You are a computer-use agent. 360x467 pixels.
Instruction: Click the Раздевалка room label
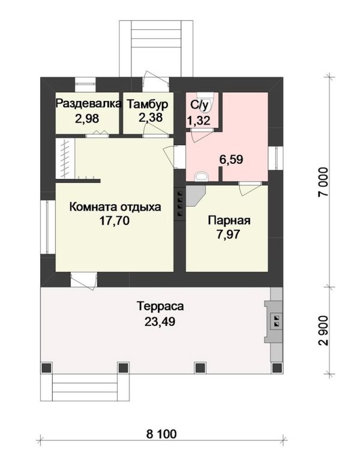(x=89, y=104)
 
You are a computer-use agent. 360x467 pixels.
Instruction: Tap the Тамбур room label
(x=148, y=104)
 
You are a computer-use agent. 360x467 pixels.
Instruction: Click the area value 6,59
(x=231, y=160)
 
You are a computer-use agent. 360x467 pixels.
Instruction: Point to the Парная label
(x=229, y=221)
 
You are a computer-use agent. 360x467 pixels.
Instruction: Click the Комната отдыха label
(x=115, y=206)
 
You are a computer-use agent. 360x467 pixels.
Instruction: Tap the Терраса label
(x=160, y=307)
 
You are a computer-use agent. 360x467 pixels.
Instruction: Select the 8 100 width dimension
(x=161, y=433)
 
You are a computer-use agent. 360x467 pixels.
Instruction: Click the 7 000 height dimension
(x=323, y=181)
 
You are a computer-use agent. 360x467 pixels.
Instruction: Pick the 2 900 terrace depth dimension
(x=323, y=330)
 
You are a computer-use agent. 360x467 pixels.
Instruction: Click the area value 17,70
(x=115, y=221)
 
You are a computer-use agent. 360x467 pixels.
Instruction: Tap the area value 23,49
(x=160, y=321)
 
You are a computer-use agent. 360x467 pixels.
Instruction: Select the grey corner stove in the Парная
(x=196, y=196)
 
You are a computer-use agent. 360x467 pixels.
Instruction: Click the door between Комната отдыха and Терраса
(x=83, y=281)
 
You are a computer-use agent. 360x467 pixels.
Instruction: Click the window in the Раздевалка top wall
(x=85, y=85)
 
